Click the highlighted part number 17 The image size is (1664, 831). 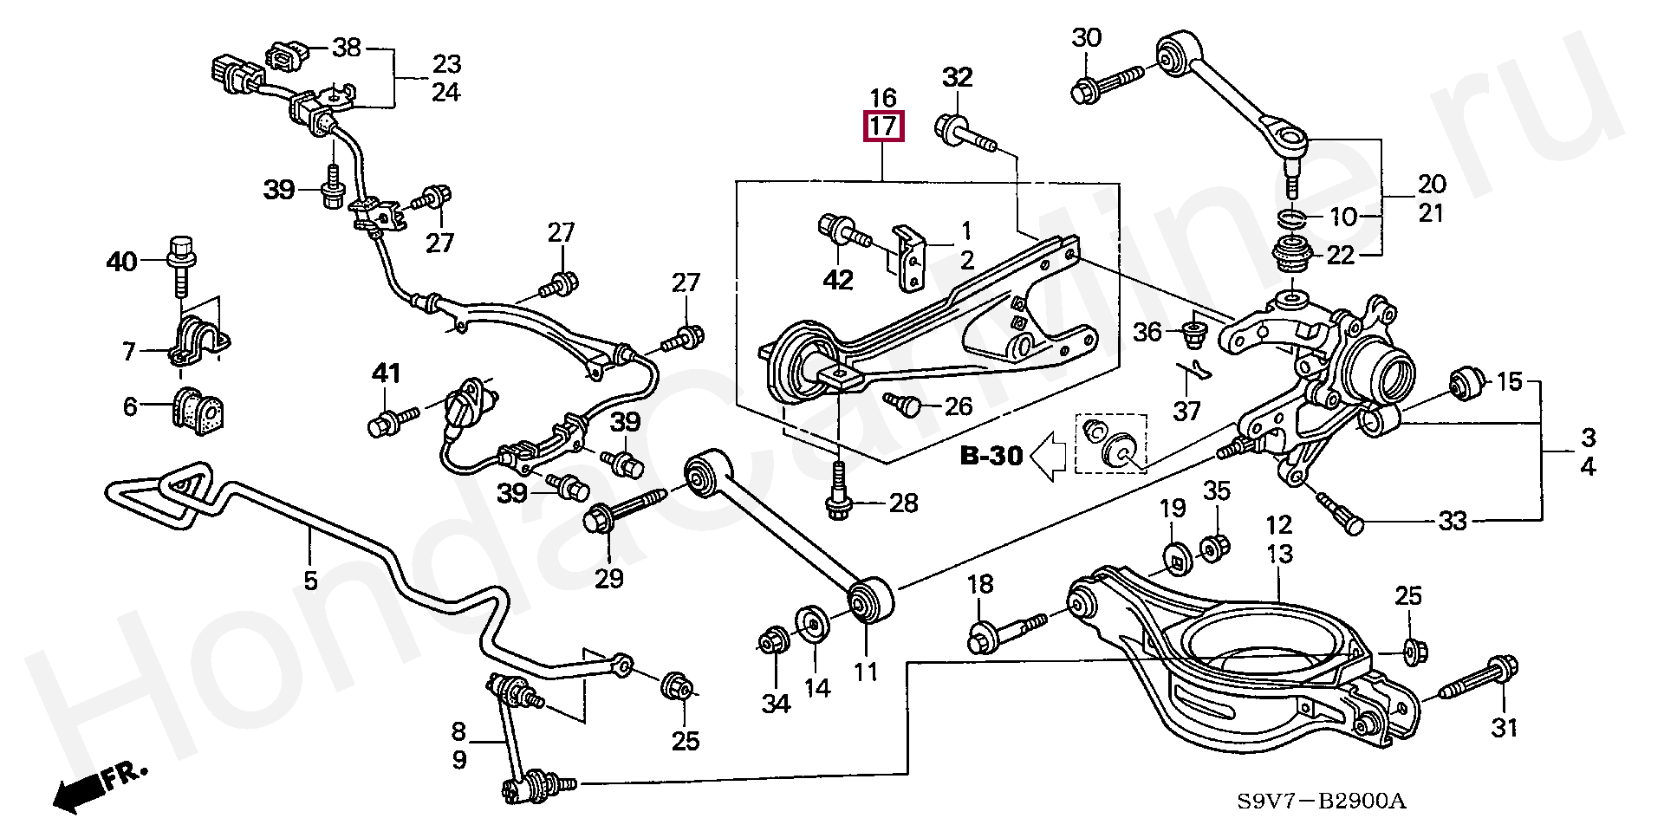882,127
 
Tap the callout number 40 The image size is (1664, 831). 121,260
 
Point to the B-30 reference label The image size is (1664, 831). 991,456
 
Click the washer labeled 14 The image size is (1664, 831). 813,624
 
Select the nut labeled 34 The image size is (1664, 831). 771,643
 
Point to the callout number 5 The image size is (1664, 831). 310,579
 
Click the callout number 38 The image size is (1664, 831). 346,47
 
